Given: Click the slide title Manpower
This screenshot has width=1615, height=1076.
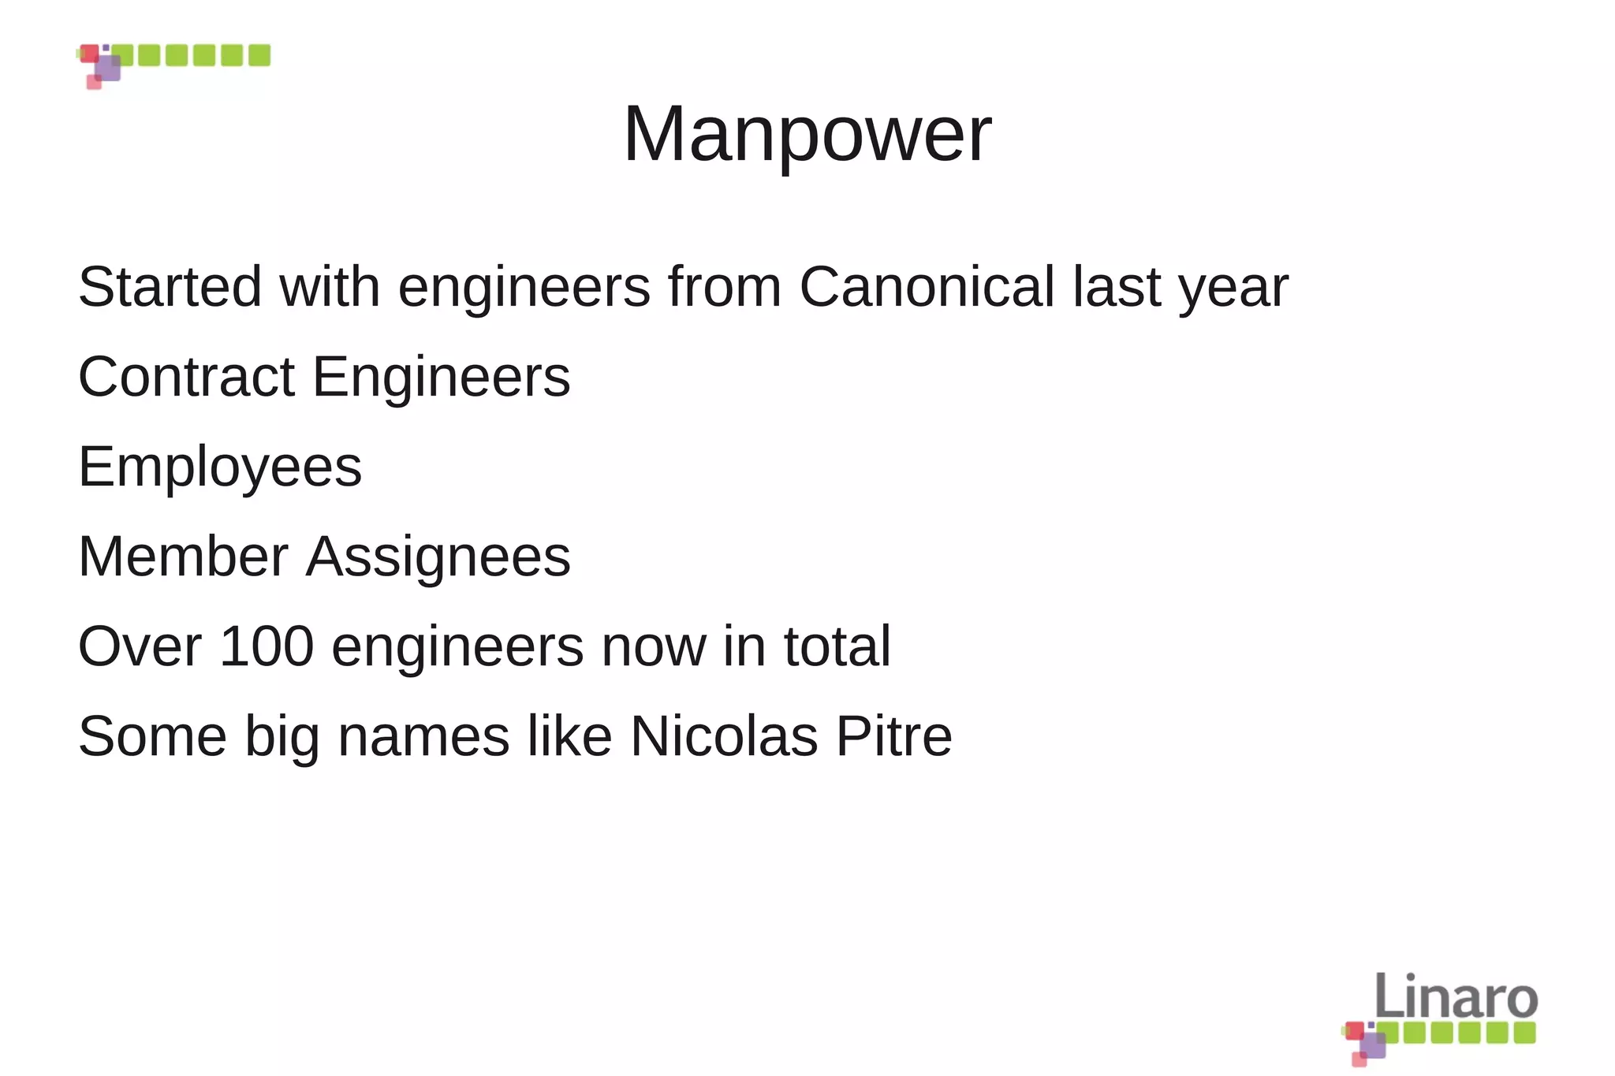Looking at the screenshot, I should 807,134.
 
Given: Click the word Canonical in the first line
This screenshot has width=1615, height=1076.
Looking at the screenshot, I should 927,287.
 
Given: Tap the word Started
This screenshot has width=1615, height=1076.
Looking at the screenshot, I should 170,287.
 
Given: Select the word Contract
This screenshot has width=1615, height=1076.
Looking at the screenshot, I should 186,377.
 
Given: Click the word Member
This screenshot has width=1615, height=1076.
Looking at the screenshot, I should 183,557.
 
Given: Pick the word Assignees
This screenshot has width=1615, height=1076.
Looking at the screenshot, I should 438,557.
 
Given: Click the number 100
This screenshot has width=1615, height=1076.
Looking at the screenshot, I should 267,646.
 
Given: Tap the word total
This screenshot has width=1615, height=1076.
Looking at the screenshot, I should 837,646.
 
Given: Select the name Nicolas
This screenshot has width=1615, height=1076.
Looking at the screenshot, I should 724,736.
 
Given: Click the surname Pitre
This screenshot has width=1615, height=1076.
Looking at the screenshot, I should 893,736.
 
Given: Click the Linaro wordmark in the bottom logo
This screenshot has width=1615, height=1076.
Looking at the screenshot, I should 1456,996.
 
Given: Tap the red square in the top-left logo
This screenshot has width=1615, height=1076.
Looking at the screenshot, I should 90,54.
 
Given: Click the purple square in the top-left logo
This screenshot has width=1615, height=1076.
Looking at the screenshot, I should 108,69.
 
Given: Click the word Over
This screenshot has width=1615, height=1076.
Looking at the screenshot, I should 140,646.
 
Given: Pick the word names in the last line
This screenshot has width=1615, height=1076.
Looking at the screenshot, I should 423,736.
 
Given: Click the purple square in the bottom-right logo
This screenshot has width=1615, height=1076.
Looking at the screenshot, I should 1373,1045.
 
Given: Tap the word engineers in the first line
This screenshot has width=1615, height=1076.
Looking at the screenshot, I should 524,287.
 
